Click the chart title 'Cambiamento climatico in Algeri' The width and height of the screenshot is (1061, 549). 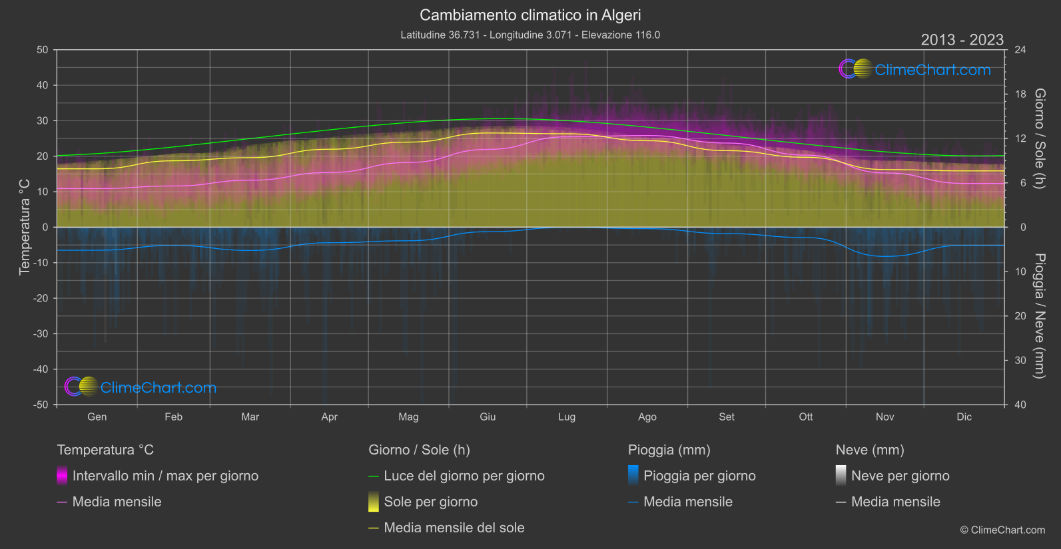point(530,15)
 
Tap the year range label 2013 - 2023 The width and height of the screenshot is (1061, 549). point(962,40)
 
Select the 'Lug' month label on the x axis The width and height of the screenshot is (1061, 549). point(567,417)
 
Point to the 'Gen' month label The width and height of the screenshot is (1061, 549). point(97,417)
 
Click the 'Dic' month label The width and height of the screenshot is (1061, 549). point(964,417)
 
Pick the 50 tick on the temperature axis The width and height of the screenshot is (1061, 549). point(43,50)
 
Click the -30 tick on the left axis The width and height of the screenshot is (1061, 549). point(41,334)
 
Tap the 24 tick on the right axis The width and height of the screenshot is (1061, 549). point(1020,50)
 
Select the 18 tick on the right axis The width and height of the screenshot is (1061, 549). point(1020,94)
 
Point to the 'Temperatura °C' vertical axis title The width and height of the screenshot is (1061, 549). point(25,227)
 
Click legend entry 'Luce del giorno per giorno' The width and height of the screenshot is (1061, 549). point(464,476)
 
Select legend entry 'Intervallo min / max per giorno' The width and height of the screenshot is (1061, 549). point(165,476)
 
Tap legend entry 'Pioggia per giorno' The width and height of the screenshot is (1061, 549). point(699,476)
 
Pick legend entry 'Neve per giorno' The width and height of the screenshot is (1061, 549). point(900,476)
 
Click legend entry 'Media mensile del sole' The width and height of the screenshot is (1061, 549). point(454,528)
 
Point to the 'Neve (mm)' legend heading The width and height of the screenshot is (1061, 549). point(870,450)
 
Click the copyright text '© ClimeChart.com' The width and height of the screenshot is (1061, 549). point(1002,530)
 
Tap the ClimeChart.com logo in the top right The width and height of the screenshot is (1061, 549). point(915,69)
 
